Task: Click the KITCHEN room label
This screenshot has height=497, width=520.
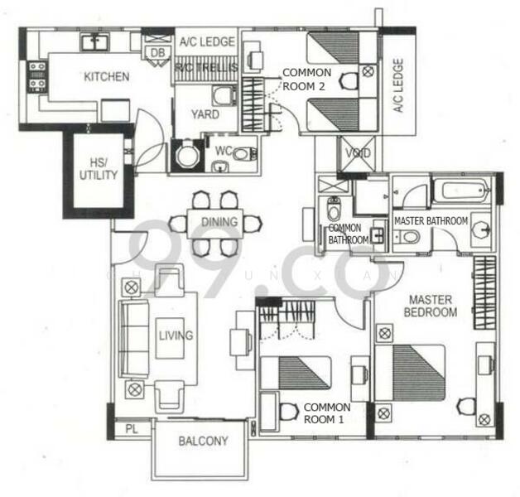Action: coord(106,77)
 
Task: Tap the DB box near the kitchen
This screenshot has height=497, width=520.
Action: coord(157,54)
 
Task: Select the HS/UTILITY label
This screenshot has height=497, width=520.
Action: coord(99,169)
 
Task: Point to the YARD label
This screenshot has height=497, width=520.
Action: coord(205,114)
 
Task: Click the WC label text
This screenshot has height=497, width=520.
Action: coord(222,152)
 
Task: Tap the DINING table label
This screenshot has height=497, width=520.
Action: coord(219,222)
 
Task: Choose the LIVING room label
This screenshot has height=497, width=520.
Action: coord(176,335)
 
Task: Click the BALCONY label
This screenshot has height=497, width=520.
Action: coord(203,442)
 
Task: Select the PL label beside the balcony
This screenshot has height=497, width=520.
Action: coord(131,429)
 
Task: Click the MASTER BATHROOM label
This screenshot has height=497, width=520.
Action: coord(430,221)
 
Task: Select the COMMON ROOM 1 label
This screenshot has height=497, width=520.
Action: coord(326,413)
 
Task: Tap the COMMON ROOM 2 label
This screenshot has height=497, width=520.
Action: coord(307,79)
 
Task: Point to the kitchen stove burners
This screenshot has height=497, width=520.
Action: coord(37,75)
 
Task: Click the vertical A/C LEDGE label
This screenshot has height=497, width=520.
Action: coord(398,85)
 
